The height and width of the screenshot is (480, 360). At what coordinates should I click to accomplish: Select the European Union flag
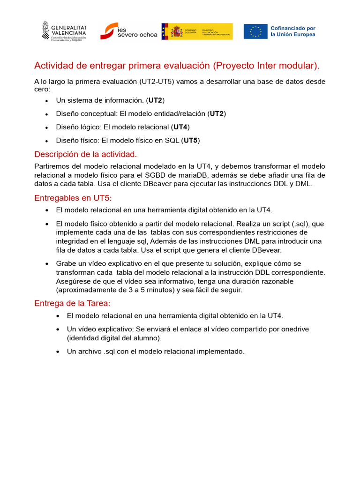click(x=255, y=31)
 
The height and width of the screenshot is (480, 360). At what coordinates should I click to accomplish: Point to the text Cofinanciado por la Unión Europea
click(x=293, y=31)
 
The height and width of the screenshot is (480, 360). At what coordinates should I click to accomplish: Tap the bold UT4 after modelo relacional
click(x=180, y=127)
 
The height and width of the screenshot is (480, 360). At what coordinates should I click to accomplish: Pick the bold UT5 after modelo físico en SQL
click(x=190, y=140)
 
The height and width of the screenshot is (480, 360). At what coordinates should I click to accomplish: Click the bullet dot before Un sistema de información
click(x=46, y=101)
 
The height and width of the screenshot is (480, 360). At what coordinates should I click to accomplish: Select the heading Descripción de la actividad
click(x=86, y=154)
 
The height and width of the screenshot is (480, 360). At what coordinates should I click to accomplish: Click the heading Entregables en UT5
click(x=73, y=198)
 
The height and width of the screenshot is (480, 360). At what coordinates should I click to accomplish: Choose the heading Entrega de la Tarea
click(x=72, y=303)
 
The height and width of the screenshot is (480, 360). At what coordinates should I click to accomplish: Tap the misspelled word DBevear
click(x=266, y=250)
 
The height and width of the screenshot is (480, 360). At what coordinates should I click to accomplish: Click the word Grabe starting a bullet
click(x=66, y=263)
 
